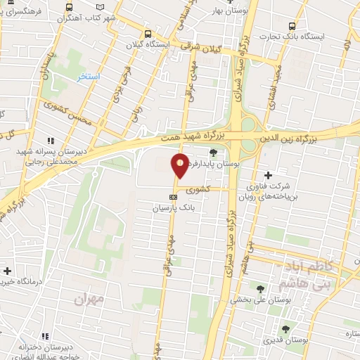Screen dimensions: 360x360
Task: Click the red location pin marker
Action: pyautogui.click(x=181, y=166)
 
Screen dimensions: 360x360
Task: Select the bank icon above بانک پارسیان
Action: pyautogui.click(x=173, y=197)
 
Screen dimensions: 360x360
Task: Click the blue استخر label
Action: pyautogui.click(x=89, y=76)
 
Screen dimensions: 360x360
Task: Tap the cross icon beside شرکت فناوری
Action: pyautogui.click(x=267, y=175)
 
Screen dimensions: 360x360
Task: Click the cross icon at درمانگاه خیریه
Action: pyautogui.click(x=6, y=270)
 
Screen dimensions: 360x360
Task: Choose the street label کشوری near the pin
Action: pyautogui.click(x=198, y=190)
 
